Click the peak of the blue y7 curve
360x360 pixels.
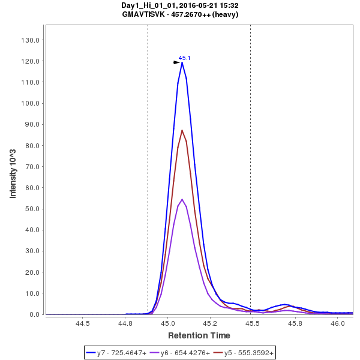coord(182,62)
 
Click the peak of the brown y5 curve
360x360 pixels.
coord(182,130)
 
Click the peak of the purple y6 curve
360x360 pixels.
coord(182,199)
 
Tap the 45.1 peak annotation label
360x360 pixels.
coord(184,58)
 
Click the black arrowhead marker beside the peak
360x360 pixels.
coord(176,62)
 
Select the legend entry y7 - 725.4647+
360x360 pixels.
coord(121,353)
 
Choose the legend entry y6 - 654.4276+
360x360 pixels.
coord(185,353)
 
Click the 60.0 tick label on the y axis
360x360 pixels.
coord(32,188)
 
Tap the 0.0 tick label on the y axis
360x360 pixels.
coord(34,314)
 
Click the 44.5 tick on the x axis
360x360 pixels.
coord(83,323)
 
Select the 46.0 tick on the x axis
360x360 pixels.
coord(338,323)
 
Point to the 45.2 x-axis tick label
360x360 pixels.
coord(210,323)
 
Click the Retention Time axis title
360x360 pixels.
coord(199,335)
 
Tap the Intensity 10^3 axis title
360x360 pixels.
coord(13,170)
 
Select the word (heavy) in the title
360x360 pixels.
coord(226,14)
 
